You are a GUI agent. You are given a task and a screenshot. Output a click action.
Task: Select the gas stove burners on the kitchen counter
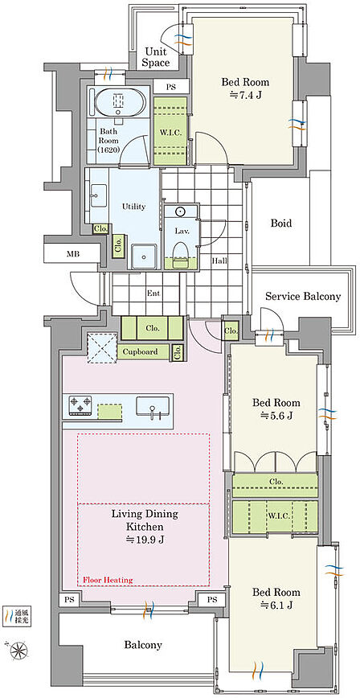pyautogui.click(x=80, y=406)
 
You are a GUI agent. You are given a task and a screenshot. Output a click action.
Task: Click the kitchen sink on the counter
pyautogui.click(x=153, y=407)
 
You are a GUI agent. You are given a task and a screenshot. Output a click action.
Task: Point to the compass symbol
pyautogui.click(x=18, y=651)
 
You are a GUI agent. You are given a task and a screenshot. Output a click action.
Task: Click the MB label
pyautogui.click(x=71, y=255)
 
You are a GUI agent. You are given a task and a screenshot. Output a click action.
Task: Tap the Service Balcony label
pyautogui.click(x=303, y=296)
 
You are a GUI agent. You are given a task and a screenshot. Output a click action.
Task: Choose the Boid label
pyautogui.click(x=281, y=223)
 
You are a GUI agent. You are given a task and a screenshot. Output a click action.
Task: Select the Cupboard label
pyautogui.click(x=140, y=351)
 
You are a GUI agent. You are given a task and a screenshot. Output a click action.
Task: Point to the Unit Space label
pyautogui.click(x=155, y=57)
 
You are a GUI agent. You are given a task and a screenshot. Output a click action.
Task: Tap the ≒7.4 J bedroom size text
pyautogui.click(x=246, y=94)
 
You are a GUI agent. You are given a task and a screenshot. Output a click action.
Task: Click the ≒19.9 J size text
pyautogui.click(x=144, y=540)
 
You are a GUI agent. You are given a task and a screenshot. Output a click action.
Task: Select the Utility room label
pyautogui.click(x=133, y=207)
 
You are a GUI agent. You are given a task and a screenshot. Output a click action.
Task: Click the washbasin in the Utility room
pyautogui.click(x=98, y=196)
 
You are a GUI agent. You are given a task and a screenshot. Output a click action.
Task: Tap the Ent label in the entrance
pyautogui.click(x=153, y=294)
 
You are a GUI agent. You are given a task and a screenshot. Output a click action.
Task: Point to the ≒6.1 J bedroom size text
pyautogui.click(x=276, y=605)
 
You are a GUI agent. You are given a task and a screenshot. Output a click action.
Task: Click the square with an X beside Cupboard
pyautogui.click(x=102, y=348)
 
